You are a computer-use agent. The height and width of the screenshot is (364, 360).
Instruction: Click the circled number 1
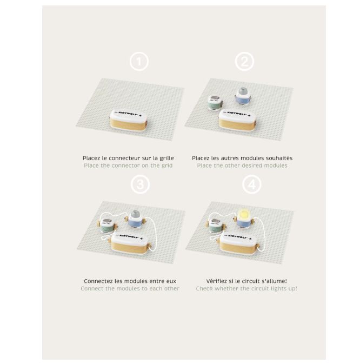139,62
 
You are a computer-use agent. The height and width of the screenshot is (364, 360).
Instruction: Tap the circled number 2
244,62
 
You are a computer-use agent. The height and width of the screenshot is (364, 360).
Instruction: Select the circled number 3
140,184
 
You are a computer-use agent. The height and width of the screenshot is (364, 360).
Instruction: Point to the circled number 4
252,184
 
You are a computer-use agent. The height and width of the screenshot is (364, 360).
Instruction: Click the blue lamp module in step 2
243,96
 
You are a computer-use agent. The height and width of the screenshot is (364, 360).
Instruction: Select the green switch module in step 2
216,102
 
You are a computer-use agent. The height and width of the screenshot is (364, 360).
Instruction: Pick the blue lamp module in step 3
135,219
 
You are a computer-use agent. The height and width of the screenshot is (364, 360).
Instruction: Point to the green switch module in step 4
216,226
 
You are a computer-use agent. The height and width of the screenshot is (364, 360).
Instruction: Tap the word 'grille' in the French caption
166,158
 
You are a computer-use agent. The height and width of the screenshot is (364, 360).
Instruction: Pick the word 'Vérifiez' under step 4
216,281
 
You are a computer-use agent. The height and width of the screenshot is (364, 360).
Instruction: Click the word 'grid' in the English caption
167,166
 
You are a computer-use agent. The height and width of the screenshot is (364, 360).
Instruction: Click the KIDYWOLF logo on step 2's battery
237,113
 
